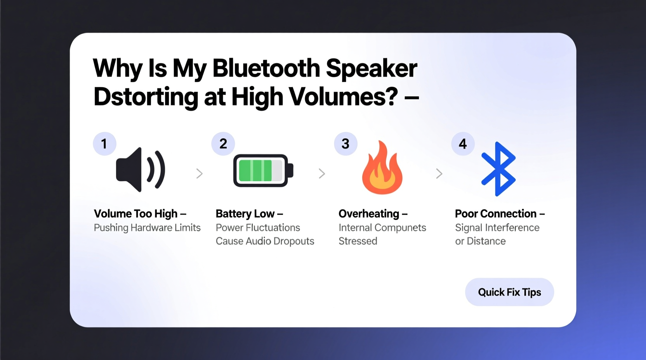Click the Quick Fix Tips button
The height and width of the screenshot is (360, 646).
point(509,292)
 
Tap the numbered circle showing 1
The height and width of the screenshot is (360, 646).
point(104,144)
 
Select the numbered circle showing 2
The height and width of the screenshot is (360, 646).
point(223,144)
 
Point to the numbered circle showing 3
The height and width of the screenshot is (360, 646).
point(346,144)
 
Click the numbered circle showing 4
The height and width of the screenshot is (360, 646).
point(463,144)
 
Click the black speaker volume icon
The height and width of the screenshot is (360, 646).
point(141,170)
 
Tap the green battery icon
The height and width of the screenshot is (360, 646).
point(263,171)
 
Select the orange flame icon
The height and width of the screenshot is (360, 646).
point(382,168)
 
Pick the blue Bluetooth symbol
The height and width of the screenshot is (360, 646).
point(498,169)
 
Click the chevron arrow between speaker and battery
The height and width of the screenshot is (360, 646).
point(200,173)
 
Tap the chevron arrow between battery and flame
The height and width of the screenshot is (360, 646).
point(322,173)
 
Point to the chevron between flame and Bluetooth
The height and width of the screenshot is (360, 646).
point(439,173)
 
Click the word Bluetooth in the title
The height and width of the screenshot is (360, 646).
point(266,68)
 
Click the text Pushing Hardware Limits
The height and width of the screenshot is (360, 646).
point(147,228)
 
